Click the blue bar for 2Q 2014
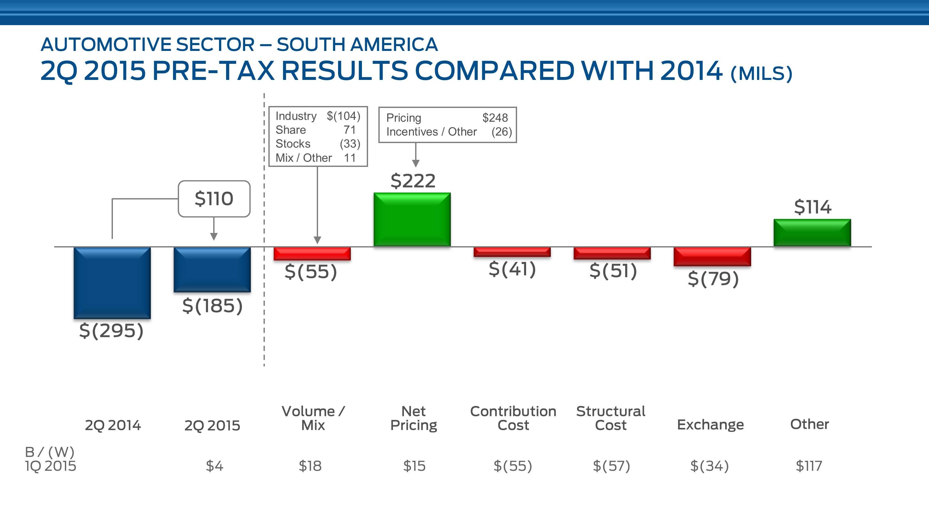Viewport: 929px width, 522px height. coord(112,283)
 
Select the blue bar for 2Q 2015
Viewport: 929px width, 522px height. coord(212,269)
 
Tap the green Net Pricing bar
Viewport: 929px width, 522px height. coord(412,219)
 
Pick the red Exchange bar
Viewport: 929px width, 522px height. coord(712,256)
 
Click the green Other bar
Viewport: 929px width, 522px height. coord(812,233)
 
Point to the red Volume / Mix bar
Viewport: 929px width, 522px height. coord(312,254)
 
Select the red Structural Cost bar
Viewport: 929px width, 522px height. coord(612,253)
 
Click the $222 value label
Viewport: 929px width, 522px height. coord(413,181)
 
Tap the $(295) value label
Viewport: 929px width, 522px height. coord(111,330)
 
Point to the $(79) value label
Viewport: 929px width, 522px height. coord(713,279)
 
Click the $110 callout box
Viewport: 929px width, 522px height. coord(214,199)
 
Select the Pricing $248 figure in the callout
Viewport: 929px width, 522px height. coord(495,118)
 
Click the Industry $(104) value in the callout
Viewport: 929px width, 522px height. coord(343,116)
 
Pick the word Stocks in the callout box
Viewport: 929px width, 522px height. coord(293,144)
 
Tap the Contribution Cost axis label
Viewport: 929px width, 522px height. coord(513,418)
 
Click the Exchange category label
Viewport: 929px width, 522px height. coord(710,425)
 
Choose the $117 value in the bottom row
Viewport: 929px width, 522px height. coord(809,466)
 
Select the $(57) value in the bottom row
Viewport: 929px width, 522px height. coord(612,466)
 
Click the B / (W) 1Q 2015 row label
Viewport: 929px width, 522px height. coord(50,459)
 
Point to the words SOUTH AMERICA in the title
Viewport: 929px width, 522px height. coord(357,45)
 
